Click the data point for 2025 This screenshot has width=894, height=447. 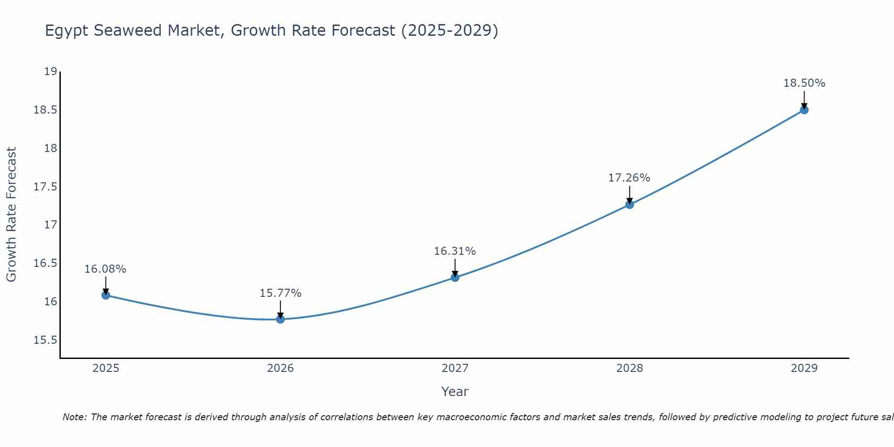coord(105,295)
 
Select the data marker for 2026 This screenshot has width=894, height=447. coord(280,319)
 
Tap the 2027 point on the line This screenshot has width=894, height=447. coord(455,278)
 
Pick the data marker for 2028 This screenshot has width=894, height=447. coord(629,205)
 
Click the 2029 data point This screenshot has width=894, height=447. coord(804,110)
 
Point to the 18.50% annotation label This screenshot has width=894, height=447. coord(804,83)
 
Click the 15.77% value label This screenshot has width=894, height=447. coord(280,293)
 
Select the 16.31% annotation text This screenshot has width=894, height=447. coord(455,251)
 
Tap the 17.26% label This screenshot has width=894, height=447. coord(629,178)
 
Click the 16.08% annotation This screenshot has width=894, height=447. coord(105,269)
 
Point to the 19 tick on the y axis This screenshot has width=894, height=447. coord(51,72)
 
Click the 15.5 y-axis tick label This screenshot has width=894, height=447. coord(46,340)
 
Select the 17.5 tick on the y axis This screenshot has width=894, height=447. coord(46,186)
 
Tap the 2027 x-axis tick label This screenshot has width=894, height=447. coord(455,368)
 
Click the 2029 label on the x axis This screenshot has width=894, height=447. coord(804,368)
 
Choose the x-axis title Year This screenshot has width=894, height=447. coord(455,392)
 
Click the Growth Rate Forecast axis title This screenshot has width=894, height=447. coord(11,215)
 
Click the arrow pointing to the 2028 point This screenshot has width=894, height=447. coord(629,194)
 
